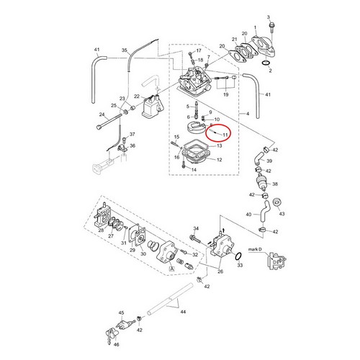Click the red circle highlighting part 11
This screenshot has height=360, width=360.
pyautogui.click(x=217, y=132)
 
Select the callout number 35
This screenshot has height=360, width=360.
pyautogui.click(x=124, y=50)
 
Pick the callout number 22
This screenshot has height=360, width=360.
pyautogui.click(x=137, y=96)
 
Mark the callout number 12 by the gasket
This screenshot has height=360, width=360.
pyautogui.click(x=219, y=159)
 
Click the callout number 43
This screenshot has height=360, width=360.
pyautogui.click(x=281, y=214)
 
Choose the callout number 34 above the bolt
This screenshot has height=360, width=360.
pyautogui.click(x=195, y=228)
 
